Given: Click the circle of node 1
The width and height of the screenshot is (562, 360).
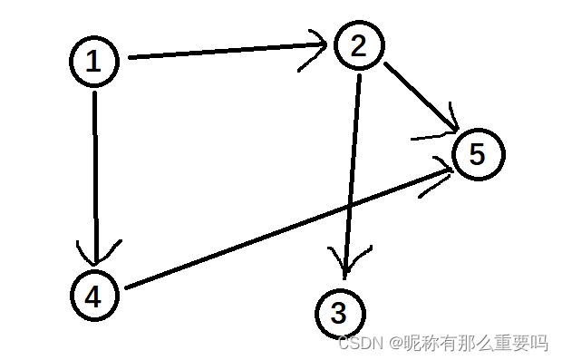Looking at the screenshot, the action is point(94,61).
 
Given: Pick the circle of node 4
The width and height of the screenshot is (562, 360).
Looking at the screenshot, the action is point(94,294).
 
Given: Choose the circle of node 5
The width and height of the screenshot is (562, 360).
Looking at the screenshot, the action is point(477,154).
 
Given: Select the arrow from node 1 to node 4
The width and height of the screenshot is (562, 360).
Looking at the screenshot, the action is point(94,172).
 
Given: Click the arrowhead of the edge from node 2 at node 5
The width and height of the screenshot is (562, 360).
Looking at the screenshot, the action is point(445,131).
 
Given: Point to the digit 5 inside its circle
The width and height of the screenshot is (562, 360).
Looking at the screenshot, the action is point(477,154).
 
